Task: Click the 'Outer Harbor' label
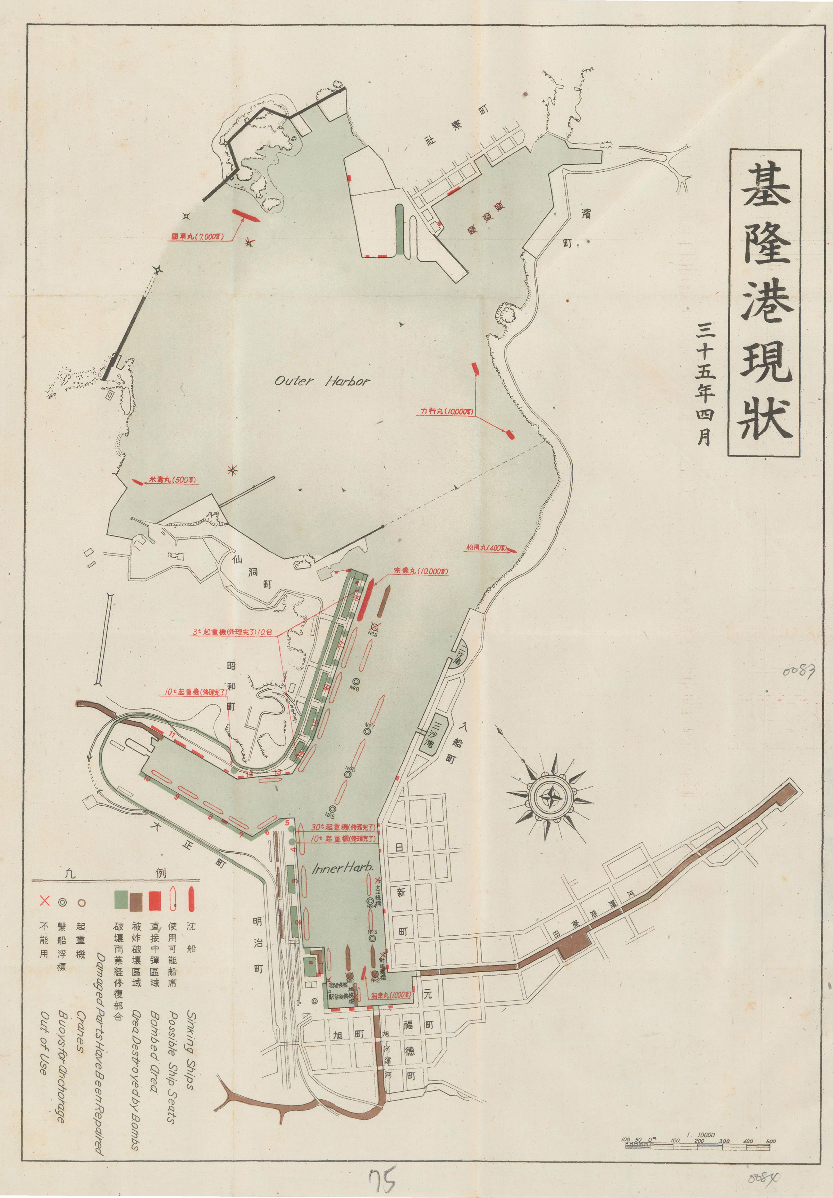(322, 381)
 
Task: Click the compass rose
(550, 797)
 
